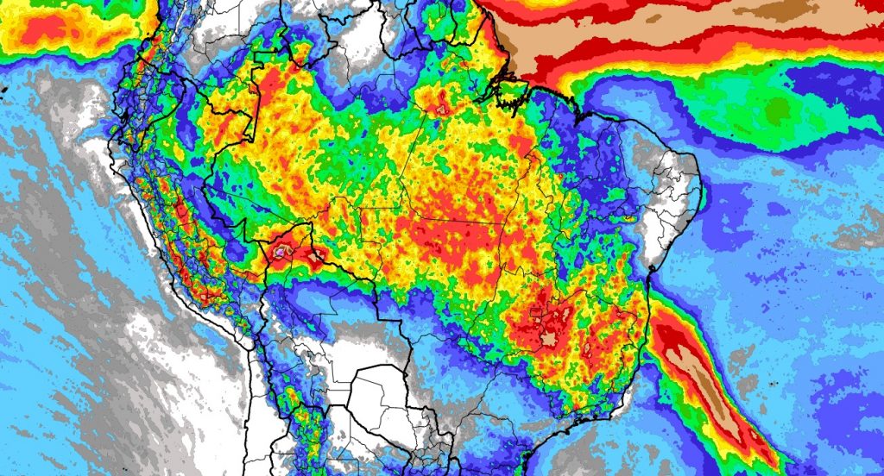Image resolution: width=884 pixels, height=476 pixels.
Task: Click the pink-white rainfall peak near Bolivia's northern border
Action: tap(283, 251)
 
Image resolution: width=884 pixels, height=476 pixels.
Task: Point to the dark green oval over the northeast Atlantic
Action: tap(780, 110)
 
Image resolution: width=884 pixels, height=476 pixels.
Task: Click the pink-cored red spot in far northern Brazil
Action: tap(444, 109)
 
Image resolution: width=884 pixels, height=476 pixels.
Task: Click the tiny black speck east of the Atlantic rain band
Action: tap(767, 379)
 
